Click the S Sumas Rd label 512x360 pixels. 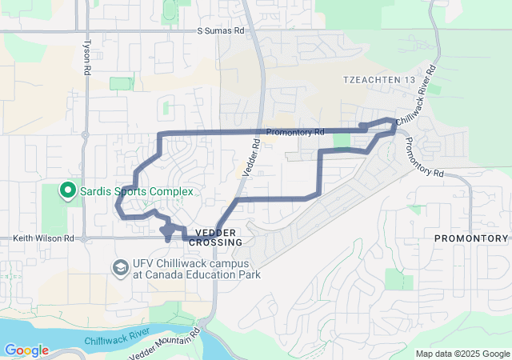pos(220,30)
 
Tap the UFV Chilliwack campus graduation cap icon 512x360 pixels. pos(121,267)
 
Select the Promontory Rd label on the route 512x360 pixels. pos(295,132)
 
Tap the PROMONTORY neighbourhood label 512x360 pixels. pos(470,238)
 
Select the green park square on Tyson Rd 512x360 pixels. pos(121,84)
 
